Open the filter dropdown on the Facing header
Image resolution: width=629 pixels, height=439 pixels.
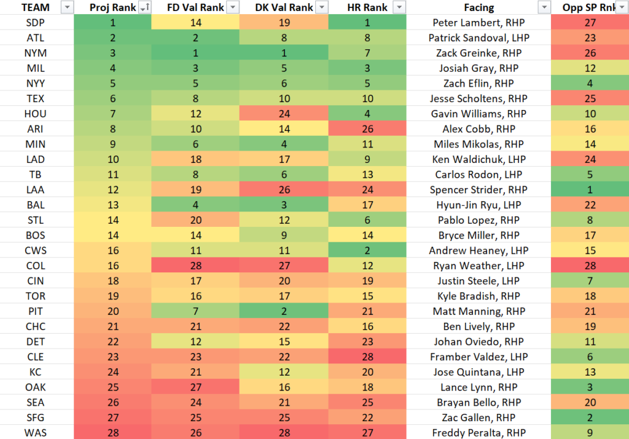click(544, 7)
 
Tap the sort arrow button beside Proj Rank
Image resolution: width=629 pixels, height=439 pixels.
click(144, 7)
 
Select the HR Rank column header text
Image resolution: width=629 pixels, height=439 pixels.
click(367, 7)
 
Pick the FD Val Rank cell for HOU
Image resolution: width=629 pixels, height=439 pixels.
click(189, 114)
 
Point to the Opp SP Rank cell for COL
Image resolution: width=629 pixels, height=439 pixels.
click(590, 266)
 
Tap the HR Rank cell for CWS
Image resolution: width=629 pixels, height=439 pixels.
click(367, 250)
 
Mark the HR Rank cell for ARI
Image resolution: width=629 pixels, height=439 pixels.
click(367, 129)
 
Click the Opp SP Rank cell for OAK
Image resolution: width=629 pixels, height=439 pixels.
click(590, 387)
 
